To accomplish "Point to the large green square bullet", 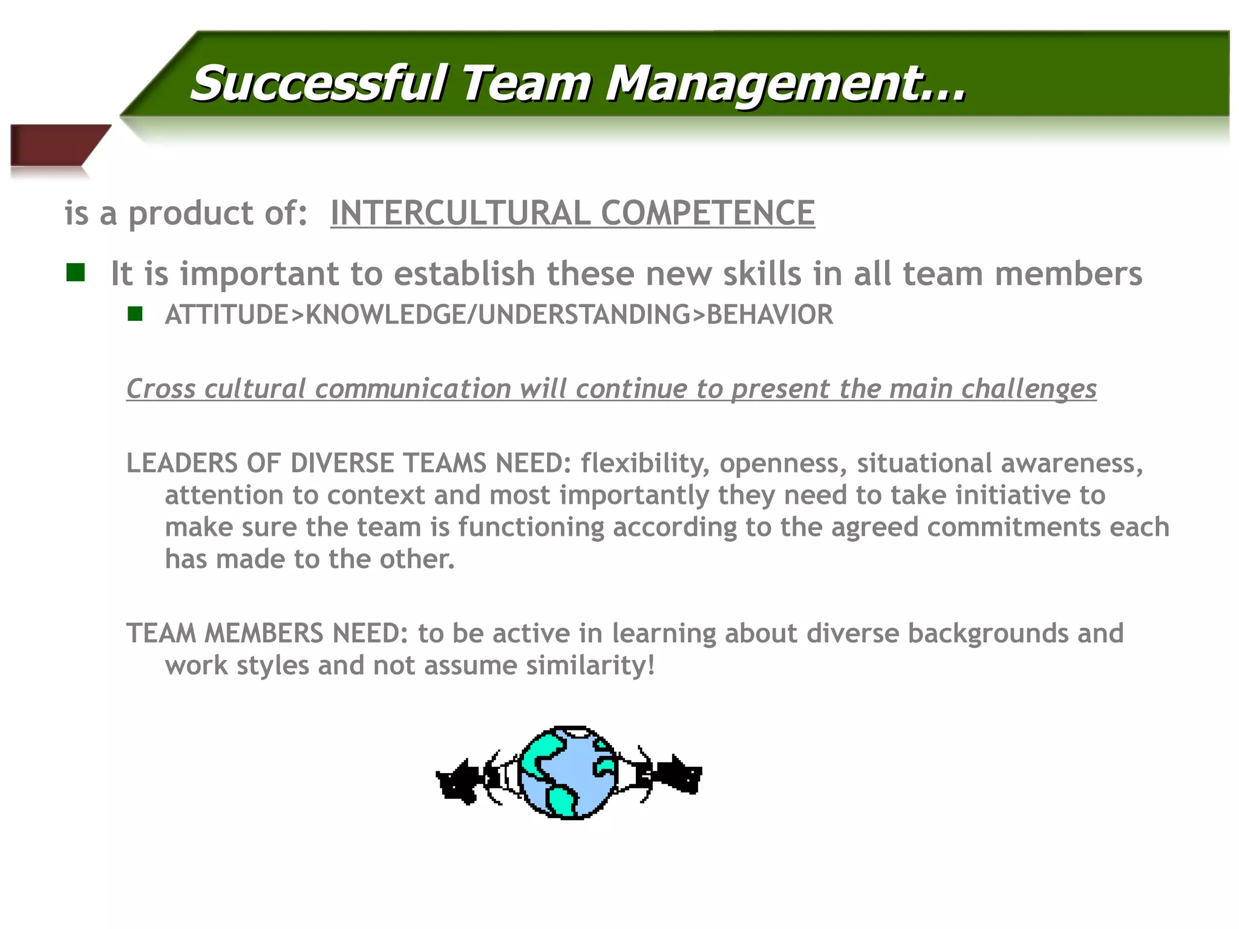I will click(76, 273).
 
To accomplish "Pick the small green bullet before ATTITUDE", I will click(135, 314).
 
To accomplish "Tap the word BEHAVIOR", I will click(770, 315).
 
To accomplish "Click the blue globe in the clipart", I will click(569, 773).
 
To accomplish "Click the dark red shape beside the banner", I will click(54, 145).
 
